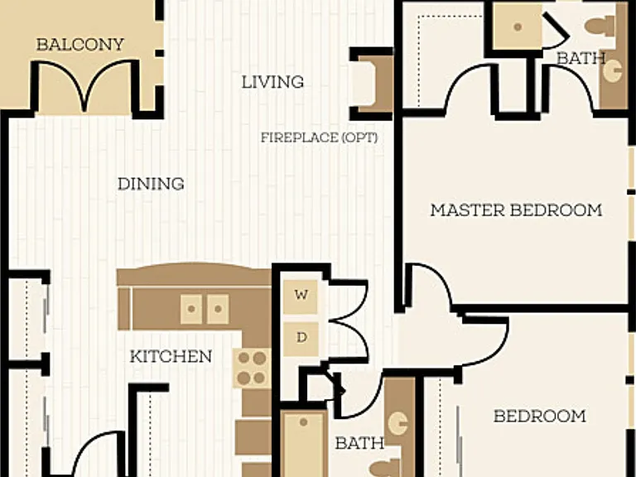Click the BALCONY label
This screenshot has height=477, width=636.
79,44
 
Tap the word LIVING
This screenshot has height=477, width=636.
272,82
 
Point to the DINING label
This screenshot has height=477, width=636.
151,184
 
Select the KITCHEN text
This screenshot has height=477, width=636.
171,357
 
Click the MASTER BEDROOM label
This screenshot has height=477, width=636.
516,210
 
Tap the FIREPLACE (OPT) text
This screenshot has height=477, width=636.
319,138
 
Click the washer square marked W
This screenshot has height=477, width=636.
301,296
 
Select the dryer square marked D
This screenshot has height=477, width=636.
301,339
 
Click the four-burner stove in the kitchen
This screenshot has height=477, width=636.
252,368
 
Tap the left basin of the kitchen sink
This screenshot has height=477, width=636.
191,309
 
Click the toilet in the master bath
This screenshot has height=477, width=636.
599,26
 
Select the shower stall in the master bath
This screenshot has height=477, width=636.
518,26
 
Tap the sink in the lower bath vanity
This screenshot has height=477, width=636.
397,423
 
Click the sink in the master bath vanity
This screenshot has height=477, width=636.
612,70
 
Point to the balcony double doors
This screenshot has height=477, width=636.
84,85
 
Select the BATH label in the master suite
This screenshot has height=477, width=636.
581,59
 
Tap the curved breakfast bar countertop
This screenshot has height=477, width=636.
194,274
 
